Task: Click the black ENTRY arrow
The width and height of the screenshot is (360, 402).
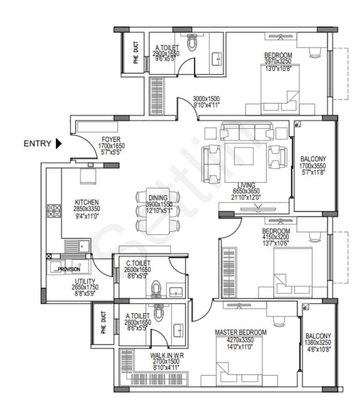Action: [58, 143]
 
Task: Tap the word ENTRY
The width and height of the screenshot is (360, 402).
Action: [38, 144]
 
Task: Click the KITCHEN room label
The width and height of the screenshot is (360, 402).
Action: [86, 202]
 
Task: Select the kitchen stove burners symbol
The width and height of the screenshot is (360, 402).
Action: [54, 211]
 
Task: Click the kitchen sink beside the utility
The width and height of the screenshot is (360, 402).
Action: [76, 246]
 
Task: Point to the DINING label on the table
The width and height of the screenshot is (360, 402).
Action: [158, 198]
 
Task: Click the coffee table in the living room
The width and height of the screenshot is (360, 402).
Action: [244, 157]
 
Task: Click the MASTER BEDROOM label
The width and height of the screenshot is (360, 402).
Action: [241, 332]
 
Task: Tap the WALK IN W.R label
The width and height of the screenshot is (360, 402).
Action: [167, 355]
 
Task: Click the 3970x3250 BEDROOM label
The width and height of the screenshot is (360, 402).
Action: [278, 55]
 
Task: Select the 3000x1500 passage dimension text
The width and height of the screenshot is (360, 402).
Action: [206, 99]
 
